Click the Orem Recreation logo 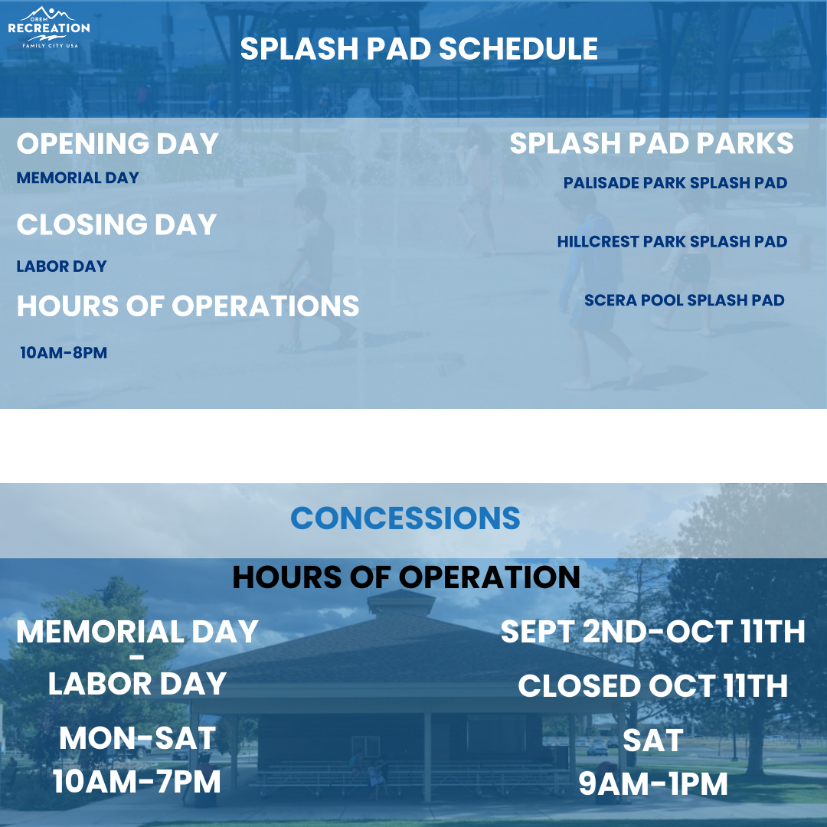pos(49,28)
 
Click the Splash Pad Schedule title pos(419,48)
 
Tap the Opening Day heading pos(118,143)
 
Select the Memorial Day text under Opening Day pos(77,178)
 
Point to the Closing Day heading pos(116,224)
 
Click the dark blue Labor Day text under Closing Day pos(62,266)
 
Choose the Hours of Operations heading pos(188,306)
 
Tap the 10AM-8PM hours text pos(64,353)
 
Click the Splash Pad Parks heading pos(652,143)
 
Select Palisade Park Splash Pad pos(675,183)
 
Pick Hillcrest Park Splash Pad pos(672,241)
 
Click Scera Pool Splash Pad pos(685,300)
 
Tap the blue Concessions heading pos(405,518)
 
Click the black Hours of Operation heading pos(406,577)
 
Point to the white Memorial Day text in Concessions pos(137,632)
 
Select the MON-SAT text pos(137,738)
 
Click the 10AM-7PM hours pos(136,782)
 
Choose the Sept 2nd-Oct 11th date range pos(653,632)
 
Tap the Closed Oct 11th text pos(653,686)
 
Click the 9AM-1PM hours pos(653,784)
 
